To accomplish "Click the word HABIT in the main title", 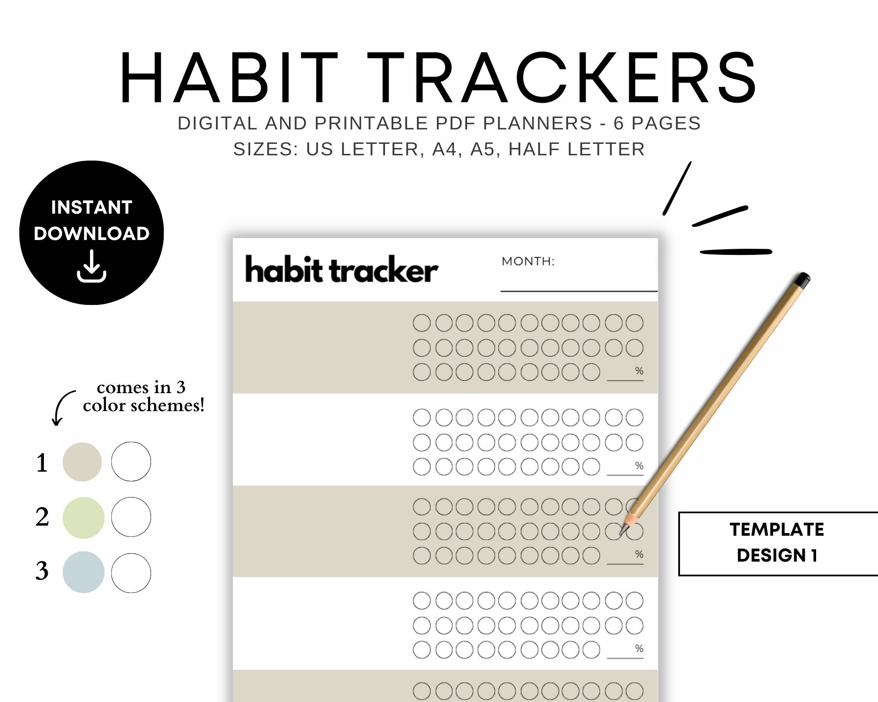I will (228, 78).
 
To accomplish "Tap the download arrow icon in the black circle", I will (91, 266).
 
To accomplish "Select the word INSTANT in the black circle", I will (91, 207).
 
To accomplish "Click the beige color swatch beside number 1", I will (82, 462).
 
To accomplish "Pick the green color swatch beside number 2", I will (83, 518).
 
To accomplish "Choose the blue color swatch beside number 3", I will (83, 572).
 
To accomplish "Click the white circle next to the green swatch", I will (131, 517).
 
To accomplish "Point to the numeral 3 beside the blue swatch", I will (42, 571).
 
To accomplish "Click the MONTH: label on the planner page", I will (528, 261).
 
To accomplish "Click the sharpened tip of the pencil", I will (623, 531).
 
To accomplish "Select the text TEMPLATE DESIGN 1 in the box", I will (777, 542).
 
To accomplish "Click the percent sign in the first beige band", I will (639, 371).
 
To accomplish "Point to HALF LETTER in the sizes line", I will (576, 149).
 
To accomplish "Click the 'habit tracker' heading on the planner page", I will (341, 269).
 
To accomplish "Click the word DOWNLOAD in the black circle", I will (91, 233).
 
